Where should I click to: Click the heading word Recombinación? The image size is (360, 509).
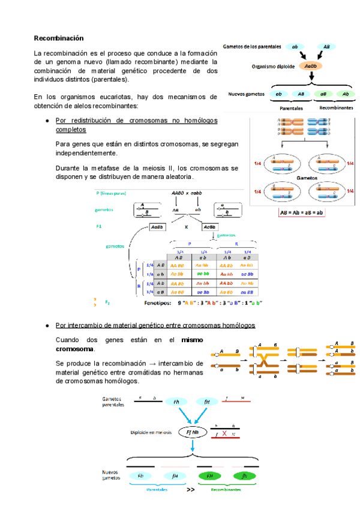tap(58, 38)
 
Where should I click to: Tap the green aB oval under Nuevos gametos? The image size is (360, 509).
tap(323, 94)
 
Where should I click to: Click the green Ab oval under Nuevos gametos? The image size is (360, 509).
tap(346, 94)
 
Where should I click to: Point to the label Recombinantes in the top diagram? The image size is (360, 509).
tap(337, 108)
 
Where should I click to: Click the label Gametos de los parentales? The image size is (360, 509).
tap(252, 46)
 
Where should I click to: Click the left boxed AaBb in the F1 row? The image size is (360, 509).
tap(158, 227)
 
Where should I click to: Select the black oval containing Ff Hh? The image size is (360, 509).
tap(193, 431)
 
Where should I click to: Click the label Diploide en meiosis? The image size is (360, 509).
tap(154, 432)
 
